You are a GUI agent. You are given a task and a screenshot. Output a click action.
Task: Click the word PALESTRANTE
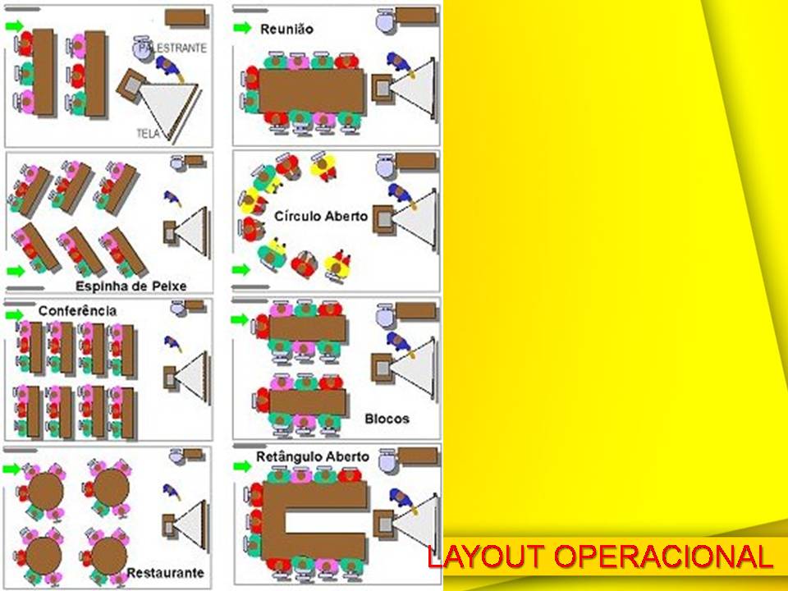pos(173,49)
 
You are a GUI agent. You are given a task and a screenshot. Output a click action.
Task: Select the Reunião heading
pos(286,29)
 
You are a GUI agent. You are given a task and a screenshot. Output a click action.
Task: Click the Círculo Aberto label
pos(321,217)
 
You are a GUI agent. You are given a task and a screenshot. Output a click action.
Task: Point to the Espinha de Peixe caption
pos(131,286)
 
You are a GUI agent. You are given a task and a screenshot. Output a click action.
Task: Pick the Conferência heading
pos(77,311)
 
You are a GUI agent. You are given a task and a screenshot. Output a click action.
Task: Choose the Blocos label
pos(387,419)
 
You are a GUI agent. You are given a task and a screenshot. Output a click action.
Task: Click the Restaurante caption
pos(165,571)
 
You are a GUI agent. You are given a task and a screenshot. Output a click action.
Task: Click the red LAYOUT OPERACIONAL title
pos(600,557)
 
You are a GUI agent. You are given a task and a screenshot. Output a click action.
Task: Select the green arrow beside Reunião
pos(242,28)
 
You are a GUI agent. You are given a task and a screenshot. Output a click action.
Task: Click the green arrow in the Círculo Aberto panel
pos(241,269)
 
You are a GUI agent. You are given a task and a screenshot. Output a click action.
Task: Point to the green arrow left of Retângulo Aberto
pos(242,466)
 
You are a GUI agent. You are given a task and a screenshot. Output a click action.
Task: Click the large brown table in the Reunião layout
pos(311,90)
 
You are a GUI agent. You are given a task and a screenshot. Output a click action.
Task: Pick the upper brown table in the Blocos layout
pos(307,328)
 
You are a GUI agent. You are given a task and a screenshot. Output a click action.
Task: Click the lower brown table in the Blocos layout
pos(307,401)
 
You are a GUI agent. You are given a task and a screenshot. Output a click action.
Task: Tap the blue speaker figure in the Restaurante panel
pos(172,491)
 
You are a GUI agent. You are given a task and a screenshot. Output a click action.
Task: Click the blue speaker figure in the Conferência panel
pos(172,341)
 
